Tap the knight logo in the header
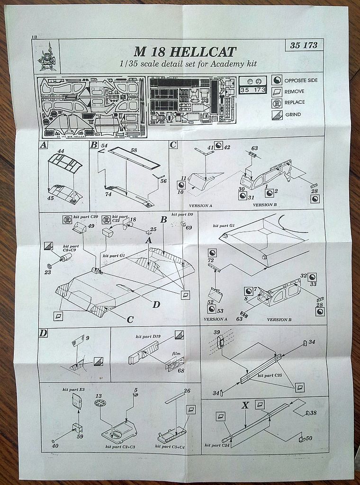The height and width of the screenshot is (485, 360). point(47,56)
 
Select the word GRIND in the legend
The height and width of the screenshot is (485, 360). point(293,115)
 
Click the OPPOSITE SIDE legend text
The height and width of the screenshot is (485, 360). point(301,80)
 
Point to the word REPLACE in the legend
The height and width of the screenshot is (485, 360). point(295,102)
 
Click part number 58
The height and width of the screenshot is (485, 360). point(133,151)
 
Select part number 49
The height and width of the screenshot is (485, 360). point(91,226)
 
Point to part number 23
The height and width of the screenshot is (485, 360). point(47,272)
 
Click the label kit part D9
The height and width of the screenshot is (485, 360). point(182,215)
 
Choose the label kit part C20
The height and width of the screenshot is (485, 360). point(88,216)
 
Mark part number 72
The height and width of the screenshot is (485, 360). point(211,261)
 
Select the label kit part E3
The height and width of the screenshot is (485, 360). point(73,389)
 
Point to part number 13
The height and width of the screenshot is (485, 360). point(99,395)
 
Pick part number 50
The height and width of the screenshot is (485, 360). point(309,439)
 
